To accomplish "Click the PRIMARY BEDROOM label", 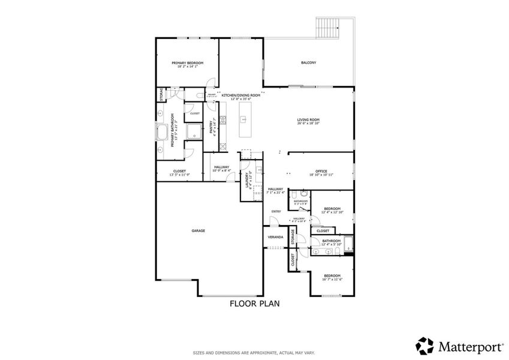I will (x=187, y=63).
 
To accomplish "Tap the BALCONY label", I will (x=308, y=62).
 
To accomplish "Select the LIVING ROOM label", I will (x=308, y=120).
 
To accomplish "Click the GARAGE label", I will (x=198, y=230).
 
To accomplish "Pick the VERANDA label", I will (x=275, y=237).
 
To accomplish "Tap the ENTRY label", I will (x=276, y=211).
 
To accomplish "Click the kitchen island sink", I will (x=244, y=119).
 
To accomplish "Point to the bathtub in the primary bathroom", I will (x=163, y=133).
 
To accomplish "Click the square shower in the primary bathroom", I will (x=194, y=131).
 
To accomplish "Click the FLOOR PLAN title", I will (x=255, y=304).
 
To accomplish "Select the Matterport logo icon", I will (x=425, y=346).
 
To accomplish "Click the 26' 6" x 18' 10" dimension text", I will (x=308, y=124).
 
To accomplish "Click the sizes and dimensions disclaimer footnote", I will (x=254, y=353).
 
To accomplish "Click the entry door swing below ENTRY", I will (x=273, y=221).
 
